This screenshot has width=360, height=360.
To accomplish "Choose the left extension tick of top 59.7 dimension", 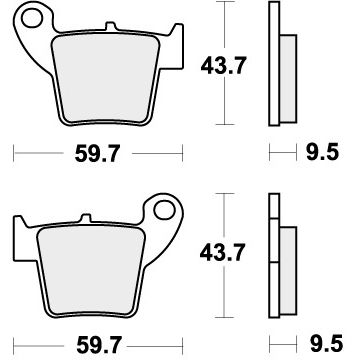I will (x=14, y=155).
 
